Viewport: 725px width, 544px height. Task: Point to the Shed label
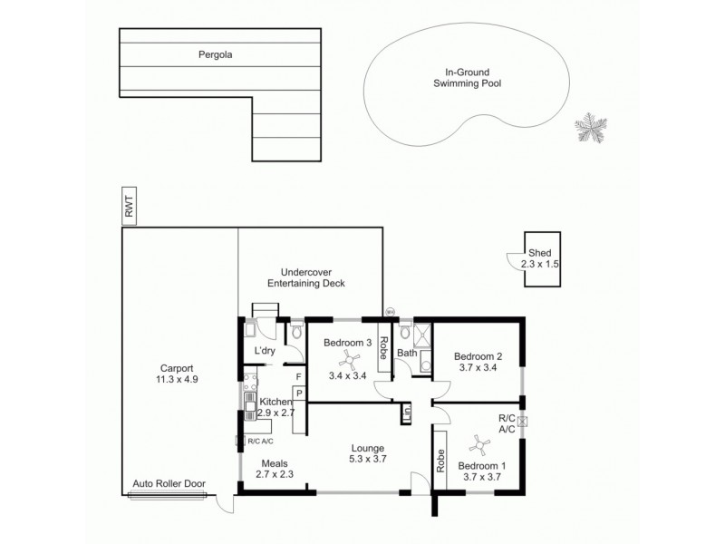540,254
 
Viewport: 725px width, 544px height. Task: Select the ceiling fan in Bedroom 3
344,360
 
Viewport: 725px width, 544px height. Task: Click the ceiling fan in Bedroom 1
481,445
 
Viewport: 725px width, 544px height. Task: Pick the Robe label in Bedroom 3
383,348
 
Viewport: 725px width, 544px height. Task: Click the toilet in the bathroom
404,334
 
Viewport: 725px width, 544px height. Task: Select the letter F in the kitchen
297,376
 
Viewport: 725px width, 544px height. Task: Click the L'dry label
265,350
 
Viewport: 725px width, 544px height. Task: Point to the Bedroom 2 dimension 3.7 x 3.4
478,368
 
